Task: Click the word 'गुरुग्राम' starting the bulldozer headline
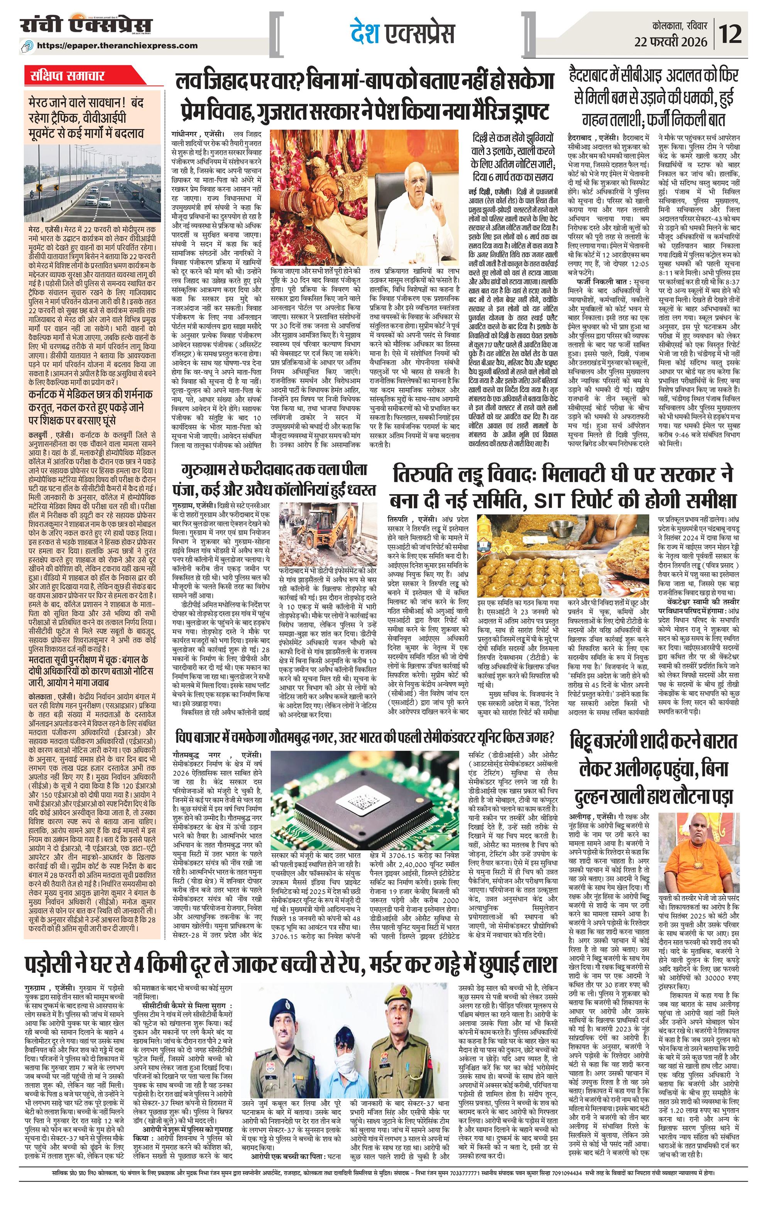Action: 208,471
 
